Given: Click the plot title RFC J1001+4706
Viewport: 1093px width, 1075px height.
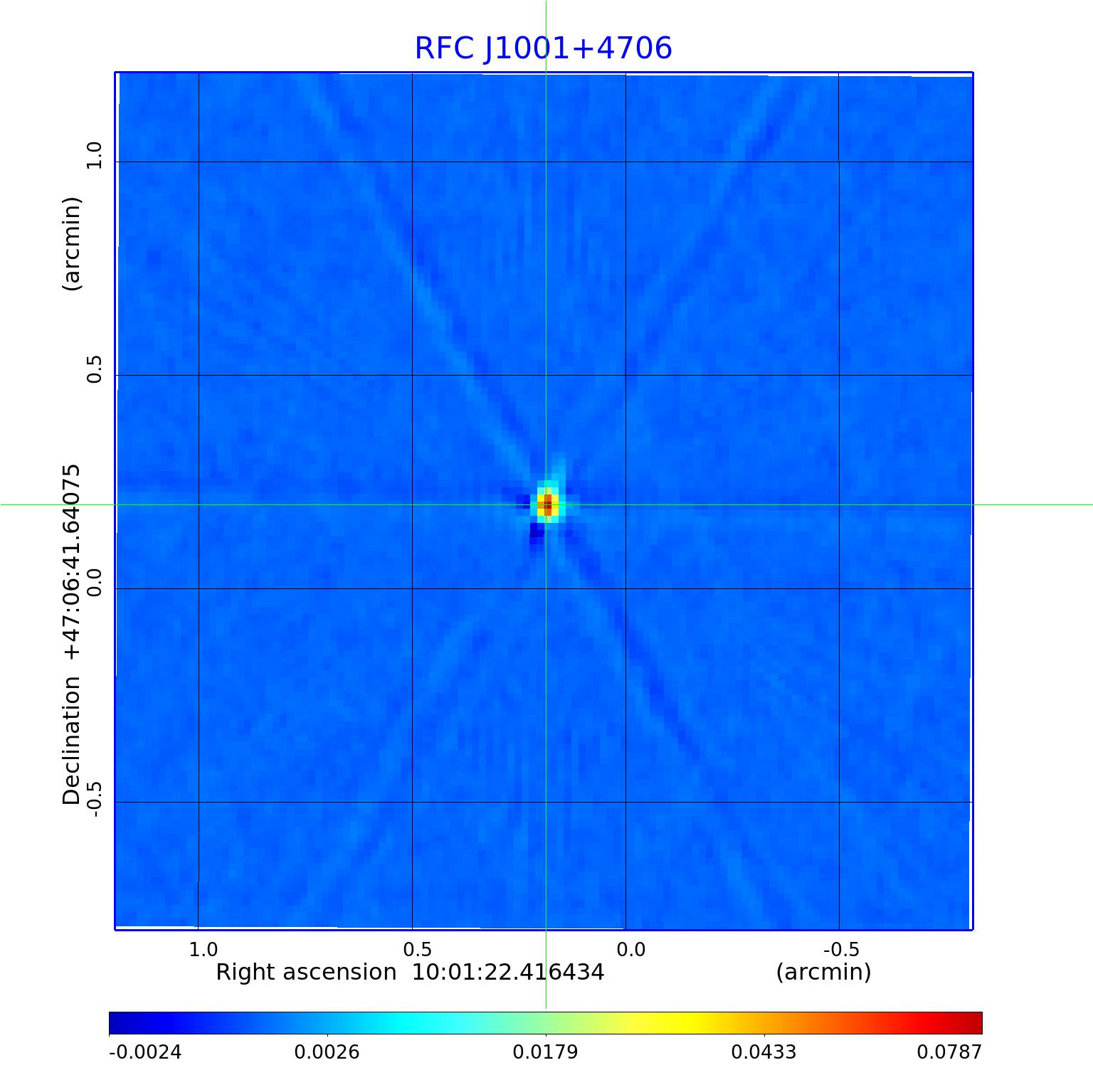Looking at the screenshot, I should [543, 48].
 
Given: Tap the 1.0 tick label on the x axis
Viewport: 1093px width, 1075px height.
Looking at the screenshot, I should [204, 949].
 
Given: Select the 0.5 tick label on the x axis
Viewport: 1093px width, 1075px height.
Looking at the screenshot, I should [418, 949].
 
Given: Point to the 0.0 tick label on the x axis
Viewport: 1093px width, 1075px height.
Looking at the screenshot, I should [631, 949].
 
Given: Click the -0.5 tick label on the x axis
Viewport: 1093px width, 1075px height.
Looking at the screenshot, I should [841, 949].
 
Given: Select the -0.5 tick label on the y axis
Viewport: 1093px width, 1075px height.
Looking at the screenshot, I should [95, 798].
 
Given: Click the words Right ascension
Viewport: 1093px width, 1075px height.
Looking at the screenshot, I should [306, 972].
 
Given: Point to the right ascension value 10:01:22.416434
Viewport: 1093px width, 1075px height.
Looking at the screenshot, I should [508, 972].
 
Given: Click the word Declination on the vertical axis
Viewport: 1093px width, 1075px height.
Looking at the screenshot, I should [72, 740].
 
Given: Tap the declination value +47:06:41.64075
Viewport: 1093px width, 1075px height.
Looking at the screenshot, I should [72, 562].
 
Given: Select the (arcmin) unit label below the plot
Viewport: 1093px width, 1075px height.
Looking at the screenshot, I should [823, 972].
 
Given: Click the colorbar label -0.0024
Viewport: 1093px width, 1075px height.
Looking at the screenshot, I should [145, 1052].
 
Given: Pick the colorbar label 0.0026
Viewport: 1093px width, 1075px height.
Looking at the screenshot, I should [327, 1052].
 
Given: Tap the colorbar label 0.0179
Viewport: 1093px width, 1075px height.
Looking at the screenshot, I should [546, 1052].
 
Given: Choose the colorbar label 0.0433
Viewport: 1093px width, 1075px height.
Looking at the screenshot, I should [764, 1052].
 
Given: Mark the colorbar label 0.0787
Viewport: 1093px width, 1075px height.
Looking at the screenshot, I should [949, 1052].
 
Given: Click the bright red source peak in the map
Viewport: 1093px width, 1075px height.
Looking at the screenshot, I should [546, 505].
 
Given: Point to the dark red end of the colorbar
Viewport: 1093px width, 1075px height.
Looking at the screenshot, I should [975, 1023].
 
